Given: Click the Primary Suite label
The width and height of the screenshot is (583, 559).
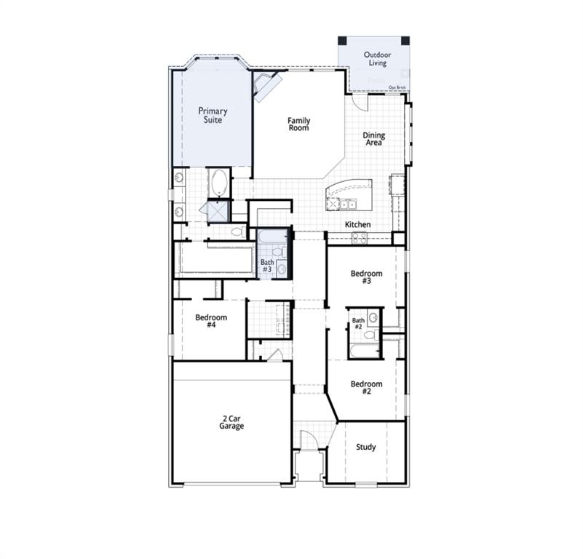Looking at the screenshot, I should point(213,115).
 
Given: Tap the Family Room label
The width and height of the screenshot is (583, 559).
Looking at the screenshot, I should point(298,124).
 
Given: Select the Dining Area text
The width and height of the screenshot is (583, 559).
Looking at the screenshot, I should point(374,138).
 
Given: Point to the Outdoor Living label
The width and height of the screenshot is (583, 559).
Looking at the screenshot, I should point(377,58).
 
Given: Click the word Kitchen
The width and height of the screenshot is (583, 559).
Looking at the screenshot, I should point(357,224).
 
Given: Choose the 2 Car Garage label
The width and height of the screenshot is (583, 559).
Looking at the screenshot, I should point(232,422).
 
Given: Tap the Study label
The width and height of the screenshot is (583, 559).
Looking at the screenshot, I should point(365,447).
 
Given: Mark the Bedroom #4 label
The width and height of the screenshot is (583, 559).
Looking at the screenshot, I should point(211,321).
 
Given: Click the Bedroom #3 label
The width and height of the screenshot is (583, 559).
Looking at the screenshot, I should point(366,277).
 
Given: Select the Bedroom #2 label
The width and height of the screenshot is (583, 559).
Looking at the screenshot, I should point(366,387).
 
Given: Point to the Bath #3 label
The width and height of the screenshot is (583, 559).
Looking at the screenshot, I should point(267,265).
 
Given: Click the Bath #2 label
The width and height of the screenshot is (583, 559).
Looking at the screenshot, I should point(358,323).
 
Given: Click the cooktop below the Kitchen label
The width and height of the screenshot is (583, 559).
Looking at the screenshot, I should point(360,237).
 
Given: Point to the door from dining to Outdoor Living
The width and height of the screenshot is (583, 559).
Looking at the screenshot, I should point(360,100).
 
